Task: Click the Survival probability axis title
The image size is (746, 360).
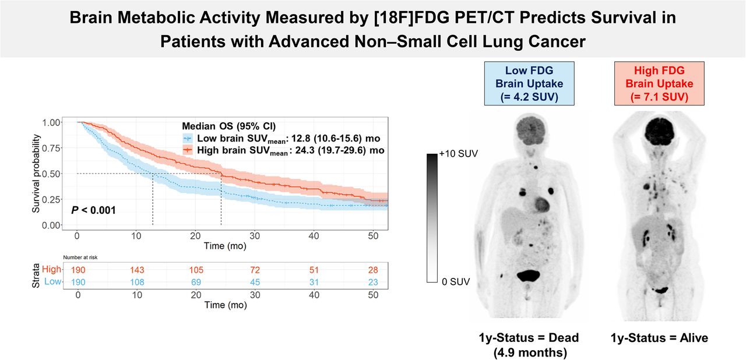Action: point(37,173)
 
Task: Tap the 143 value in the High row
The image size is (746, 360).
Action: point(136,270)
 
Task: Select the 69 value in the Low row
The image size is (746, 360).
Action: point(195,283)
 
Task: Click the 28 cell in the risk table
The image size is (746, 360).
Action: point(374,270)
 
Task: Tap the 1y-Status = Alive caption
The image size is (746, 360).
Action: point(659,338)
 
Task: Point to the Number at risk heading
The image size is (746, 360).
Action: point(81,256)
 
